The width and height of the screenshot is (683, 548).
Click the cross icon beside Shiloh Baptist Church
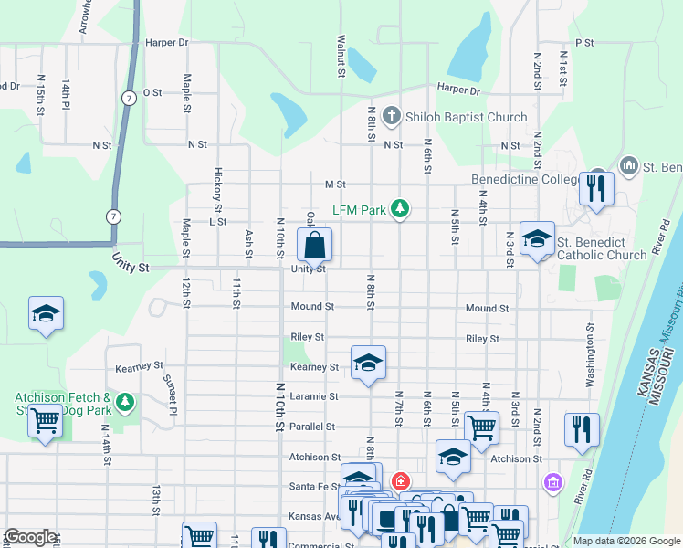[x=392, y=116]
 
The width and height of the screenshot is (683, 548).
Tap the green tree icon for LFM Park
[x=399, y=210]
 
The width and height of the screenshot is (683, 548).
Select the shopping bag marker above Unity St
[x=314, y=245]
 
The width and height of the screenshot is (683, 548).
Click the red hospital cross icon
[x=400, y=480]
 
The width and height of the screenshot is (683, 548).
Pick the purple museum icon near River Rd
[x=552, y=481]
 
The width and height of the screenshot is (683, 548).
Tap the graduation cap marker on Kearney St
[x=368, y=364]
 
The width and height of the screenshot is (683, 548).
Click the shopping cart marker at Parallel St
[x=481, y=427]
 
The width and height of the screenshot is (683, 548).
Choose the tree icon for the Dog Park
[x=125, y=400]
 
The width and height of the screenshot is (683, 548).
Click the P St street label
[x=584, y=43]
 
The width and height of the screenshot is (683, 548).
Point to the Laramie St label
[x=314, y=396]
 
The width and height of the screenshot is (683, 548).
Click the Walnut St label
[x=341, y=57]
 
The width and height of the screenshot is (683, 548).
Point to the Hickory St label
[x=218, y=184]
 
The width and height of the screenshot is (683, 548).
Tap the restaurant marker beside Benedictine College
[x=596, y=188]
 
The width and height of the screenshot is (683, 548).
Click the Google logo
[x=30, y=537]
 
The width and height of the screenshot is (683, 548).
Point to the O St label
[x=152, y=92]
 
